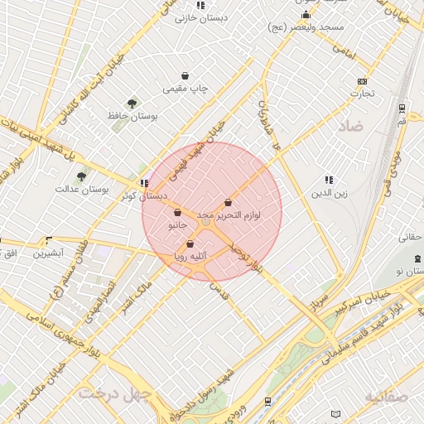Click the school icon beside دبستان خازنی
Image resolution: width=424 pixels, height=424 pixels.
200,5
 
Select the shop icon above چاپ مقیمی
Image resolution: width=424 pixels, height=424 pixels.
184,76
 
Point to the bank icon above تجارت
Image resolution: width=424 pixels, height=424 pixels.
362,81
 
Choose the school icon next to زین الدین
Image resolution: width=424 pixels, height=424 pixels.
329,180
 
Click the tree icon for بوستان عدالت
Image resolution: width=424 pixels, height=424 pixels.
81,176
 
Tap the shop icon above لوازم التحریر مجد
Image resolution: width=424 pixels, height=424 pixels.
228,202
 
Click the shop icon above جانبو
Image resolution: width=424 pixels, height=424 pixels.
178,212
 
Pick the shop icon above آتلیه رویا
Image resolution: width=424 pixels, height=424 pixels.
190,244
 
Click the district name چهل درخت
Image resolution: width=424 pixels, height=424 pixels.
112,393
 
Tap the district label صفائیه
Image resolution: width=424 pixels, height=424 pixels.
386,397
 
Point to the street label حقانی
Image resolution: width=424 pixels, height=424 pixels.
412,238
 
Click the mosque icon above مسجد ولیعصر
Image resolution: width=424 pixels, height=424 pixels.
306,15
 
